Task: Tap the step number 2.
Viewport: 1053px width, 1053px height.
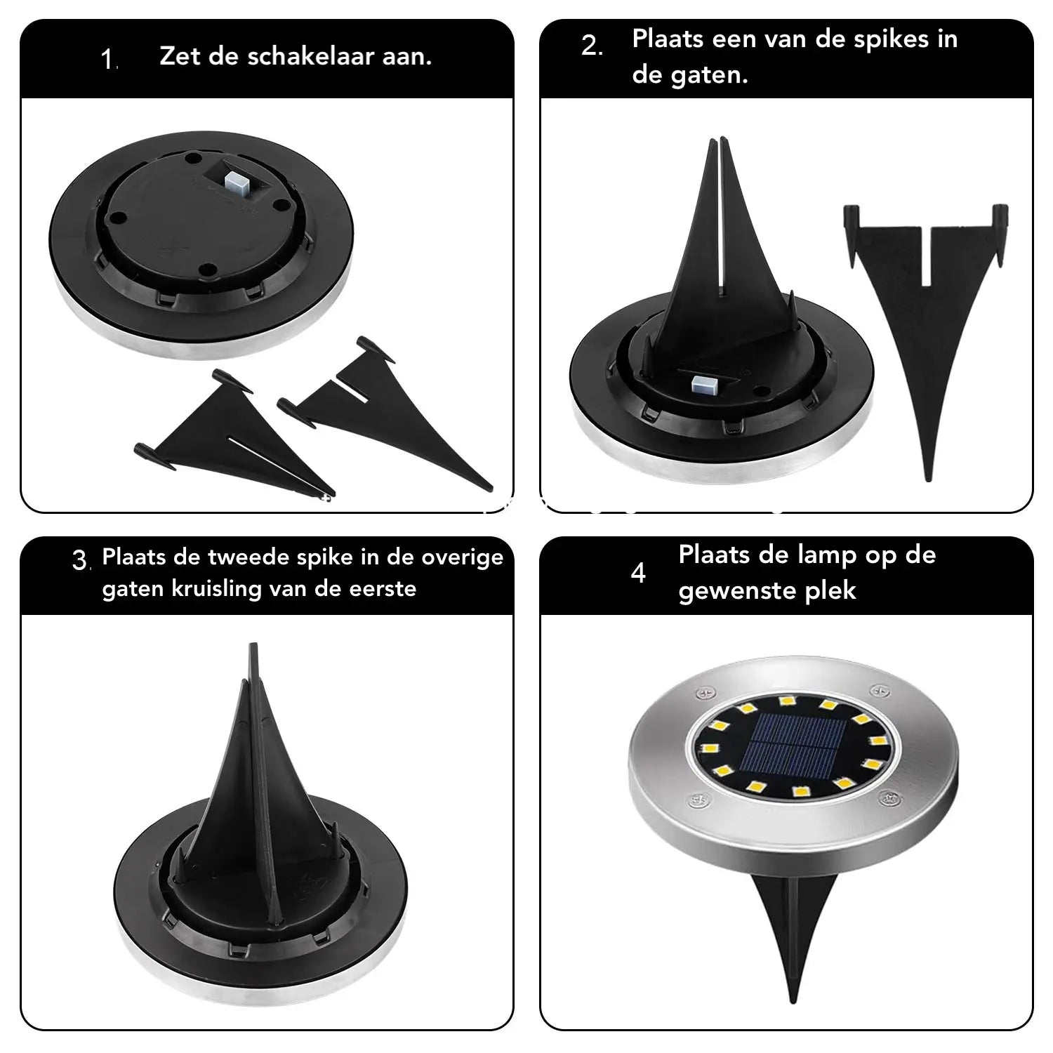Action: coord(591,46)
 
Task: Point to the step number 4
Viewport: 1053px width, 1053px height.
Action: coord(638,574)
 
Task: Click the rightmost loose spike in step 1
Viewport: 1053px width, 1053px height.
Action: coord(393,414)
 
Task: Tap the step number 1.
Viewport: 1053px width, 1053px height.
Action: coord(109,60)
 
